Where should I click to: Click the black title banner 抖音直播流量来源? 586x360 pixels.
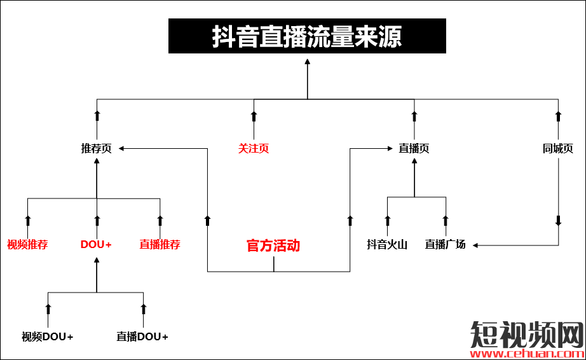point(307,36)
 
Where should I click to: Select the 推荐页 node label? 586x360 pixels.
point(97,149)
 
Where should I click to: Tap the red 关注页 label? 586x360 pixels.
point(254,149)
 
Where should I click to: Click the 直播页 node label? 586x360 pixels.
point(414,149)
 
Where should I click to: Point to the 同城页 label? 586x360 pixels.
point(558,149)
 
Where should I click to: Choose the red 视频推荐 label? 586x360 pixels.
point(27,244)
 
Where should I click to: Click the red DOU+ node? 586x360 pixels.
point(97,244)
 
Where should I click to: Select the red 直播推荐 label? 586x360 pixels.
point(160,244)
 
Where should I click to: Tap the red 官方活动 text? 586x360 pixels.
point(273,246)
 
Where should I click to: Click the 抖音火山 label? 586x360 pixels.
point(387,244)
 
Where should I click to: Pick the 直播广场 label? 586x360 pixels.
point(446,244)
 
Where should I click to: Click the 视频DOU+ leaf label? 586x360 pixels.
point(48,336)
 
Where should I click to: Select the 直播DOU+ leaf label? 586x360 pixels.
point(142,336)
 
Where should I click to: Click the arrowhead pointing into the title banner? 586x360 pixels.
point(307,62)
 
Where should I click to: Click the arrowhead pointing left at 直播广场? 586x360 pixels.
point(474,245)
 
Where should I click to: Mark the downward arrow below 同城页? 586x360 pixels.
point(558,221)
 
